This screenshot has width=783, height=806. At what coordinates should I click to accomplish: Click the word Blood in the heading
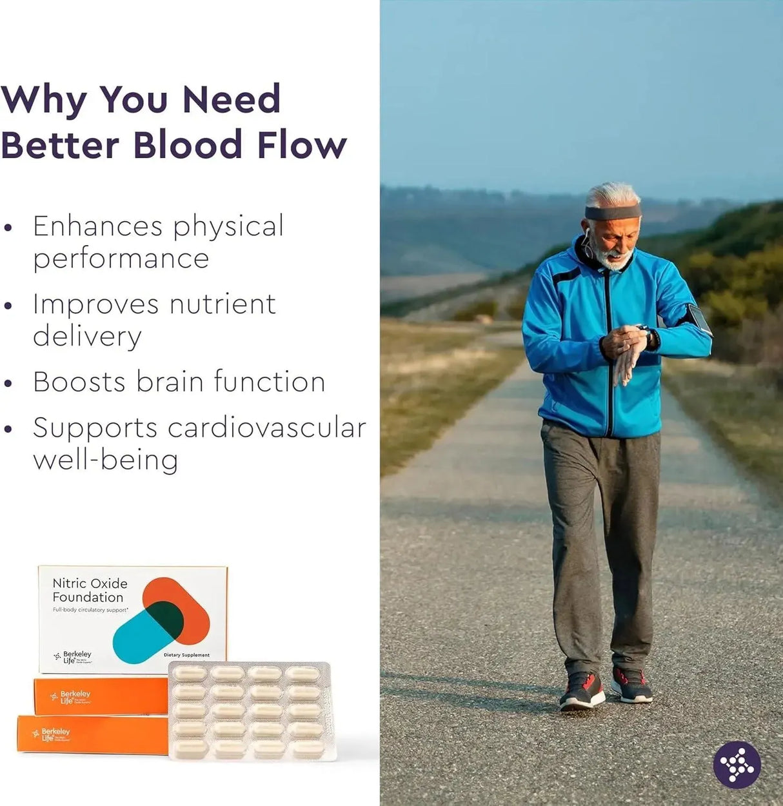[x=187, y=144]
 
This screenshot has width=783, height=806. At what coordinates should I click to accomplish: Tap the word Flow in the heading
[x=302, y=144]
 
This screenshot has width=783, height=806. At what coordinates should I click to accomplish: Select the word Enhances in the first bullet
[x=97, y=226]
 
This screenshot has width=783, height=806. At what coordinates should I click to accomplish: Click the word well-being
[x=105, y=460]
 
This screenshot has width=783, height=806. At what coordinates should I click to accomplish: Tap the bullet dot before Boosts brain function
[x=8, y=383]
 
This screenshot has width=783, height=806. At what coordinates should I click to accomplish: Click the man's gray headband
[x=612, y=212]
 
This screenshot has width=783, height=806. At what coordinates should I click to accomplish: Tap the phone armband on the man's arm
[x=699, y=319]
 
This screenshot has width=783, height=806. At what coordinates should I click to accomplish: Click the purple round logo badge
[x=737, y=765]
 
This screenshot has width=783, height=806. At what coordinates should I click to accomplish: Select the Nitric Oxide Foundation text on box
[x=90, y=590]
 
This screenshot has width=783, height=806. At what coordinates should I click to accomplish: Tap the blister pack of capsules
[x=251, y=711]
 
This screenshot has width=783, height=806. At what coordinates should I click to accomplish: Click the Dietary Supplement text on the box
[x=186, y=655]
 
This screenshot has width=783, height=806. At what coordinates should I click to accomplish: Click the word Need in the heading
[x=232, y=99]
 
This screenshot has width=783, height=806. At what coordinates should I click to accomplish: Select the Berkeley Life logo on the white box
[x=73, y=657]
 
